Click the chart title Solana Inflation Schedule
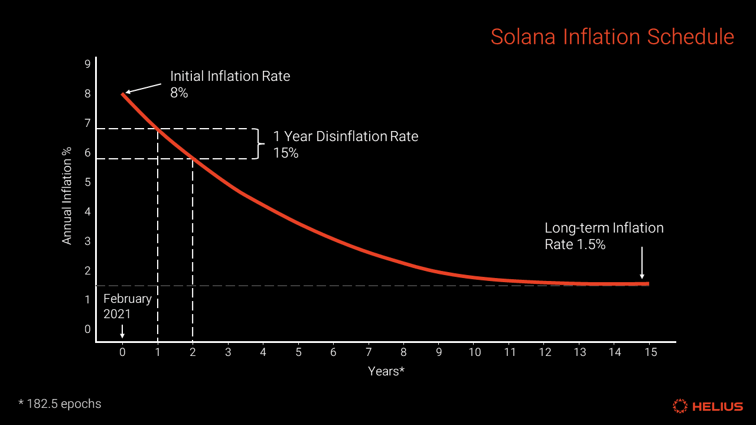(612, 37)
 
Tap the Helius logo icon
(680, 406)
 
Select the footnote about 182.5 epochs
(60, 404)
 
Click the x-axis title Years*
(386, 371)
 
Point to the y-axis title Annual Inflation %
(67, 196)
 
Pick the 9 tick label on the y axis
(87, 64)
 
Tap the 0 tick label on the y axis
(87, 329)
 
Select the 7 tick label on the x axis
(369, 352)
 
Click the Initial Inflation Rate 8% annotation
(230, 84)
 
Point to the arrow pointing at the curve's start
(143, 88)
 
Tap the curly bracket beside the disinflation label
(256, 143)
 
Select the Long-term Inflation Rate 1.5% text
(604, 236)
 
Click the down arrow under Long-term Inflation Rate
(642, 264)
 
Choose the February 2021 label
(127, 306)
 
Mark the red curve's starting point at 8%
(123, 93)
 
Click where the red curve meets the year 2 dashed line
(193, 158)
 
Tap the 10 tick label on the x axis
(474, 352)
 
